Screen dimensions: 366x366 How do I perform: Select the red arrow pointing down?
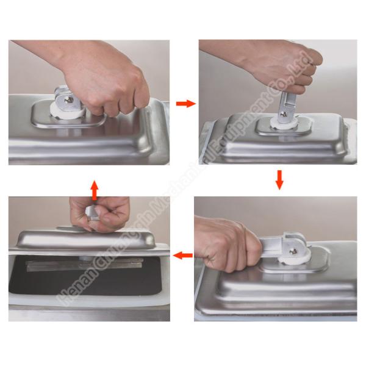pos(279,179)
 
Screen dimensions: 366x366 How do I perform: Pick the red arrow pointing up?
pos(93,188)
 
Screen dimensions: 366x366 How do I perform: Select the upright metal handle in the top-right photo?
pos(285,104)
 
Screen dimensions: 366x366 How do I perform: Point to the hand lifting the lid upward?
pos(101,213)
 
